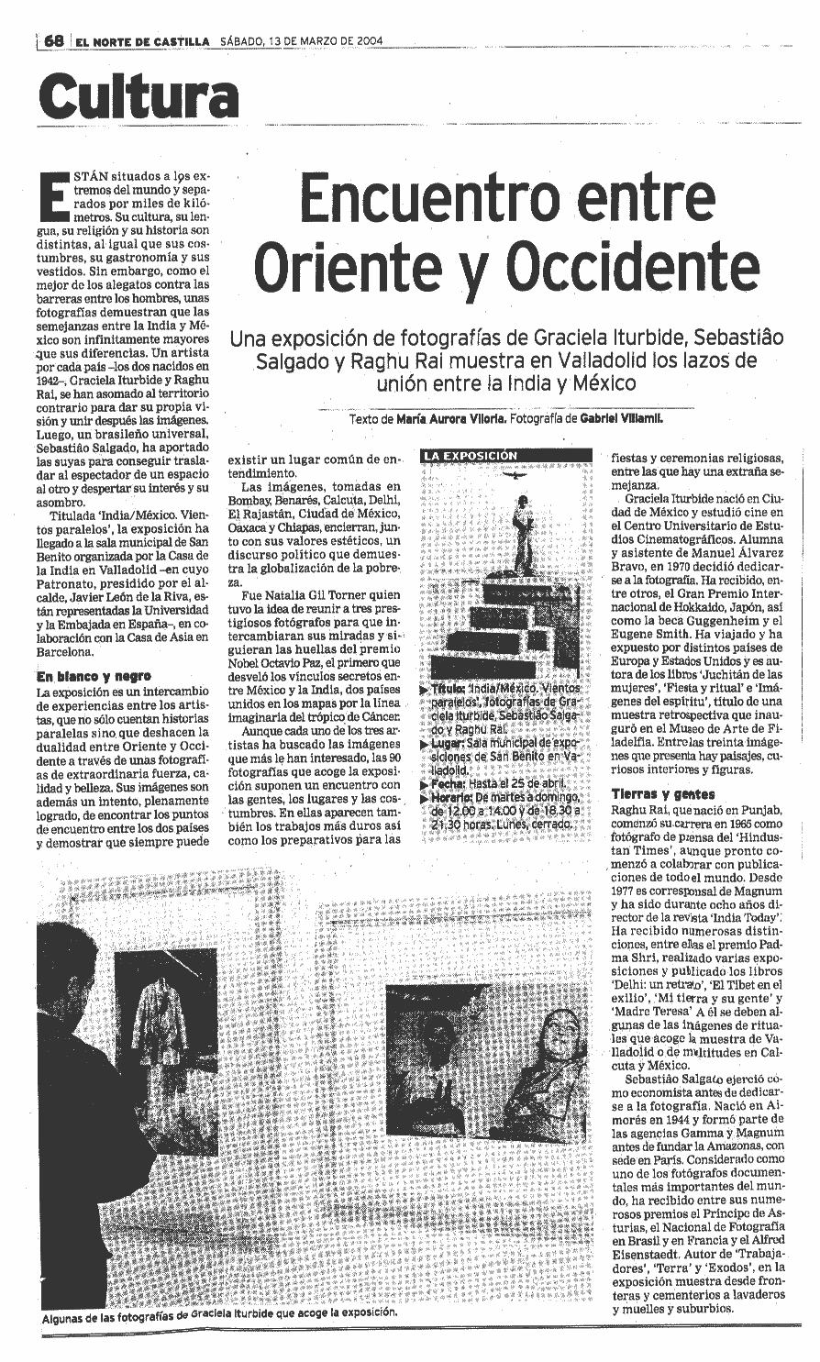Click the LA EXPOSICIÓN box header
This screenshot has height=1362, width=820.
click(470, 455)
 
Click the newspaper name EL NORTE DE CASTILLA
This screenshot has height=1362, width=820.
click(143, 41)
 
